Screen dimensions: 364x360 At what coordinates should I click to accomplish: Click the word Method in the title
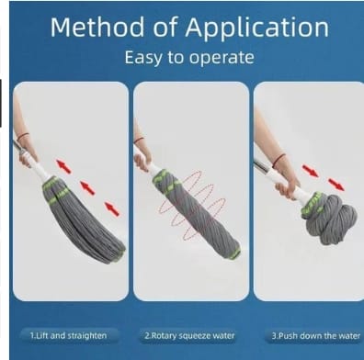(97, 28)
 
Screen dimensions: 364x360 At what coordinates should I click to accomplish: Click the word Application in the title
(256, 28)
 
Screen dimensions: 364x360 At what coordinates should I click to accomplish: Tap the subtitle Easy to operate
(189, 58)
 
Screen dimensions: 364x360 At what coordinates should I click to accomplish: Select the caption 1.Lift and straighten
(68, 336)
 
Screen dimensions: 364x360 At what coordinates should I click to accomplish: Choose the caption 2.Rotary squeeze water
(189, 336)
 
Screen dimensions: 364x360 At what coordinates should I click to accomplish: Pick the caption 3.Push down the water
(315, 336)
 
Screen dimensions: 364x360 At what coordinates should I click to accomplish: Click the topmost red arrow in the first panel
(63, 166)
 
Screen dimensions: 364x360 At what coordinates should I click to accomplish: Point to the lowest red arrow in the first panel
(112, 209)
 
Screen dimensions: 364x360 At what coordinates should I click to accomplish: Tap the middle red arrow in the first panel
(87, 187)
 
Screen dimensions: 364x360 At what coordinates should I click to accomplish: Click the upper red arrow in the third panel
(311, 171)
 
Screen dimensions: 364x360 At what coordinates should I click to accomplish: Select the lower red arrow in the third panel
(336, 185)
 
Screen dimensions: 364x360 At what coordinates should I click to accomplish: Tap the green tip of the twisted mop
(234, 253)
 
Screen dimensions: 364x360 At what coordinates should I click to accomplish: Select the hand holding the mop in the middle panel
(142, 161)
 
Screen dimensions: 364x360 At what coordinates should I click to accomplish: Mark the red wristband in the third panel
(279, 161)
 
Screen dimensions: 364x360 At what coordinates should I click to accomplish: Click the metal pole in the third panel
(264, 168)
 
